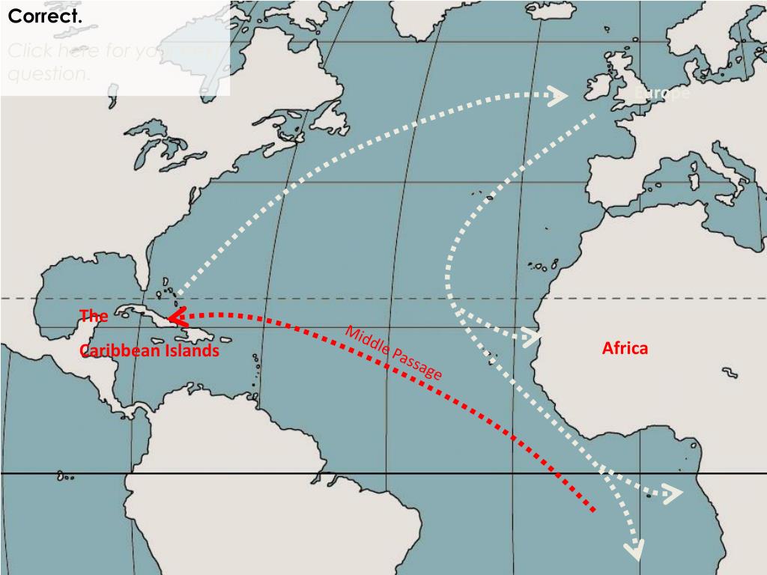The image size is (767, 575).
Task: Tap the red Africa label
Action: coord(625,348)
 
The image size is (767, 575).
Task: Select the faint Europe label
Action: coord(661,94)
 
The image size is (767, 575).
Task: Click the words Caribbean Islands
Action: coord(150,350)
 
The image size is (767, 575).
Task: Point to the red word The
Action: coord(94,316)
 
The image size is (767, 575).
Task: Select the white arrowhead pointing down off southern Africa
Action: coord(634,551)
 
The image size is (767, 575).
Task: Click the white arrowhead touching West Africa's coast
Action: coord(533,336)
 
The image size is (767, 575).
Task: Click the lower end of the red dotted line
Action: coord(592,509)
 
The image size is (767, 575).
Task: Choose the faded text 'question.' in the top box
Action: coord(49,74)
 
